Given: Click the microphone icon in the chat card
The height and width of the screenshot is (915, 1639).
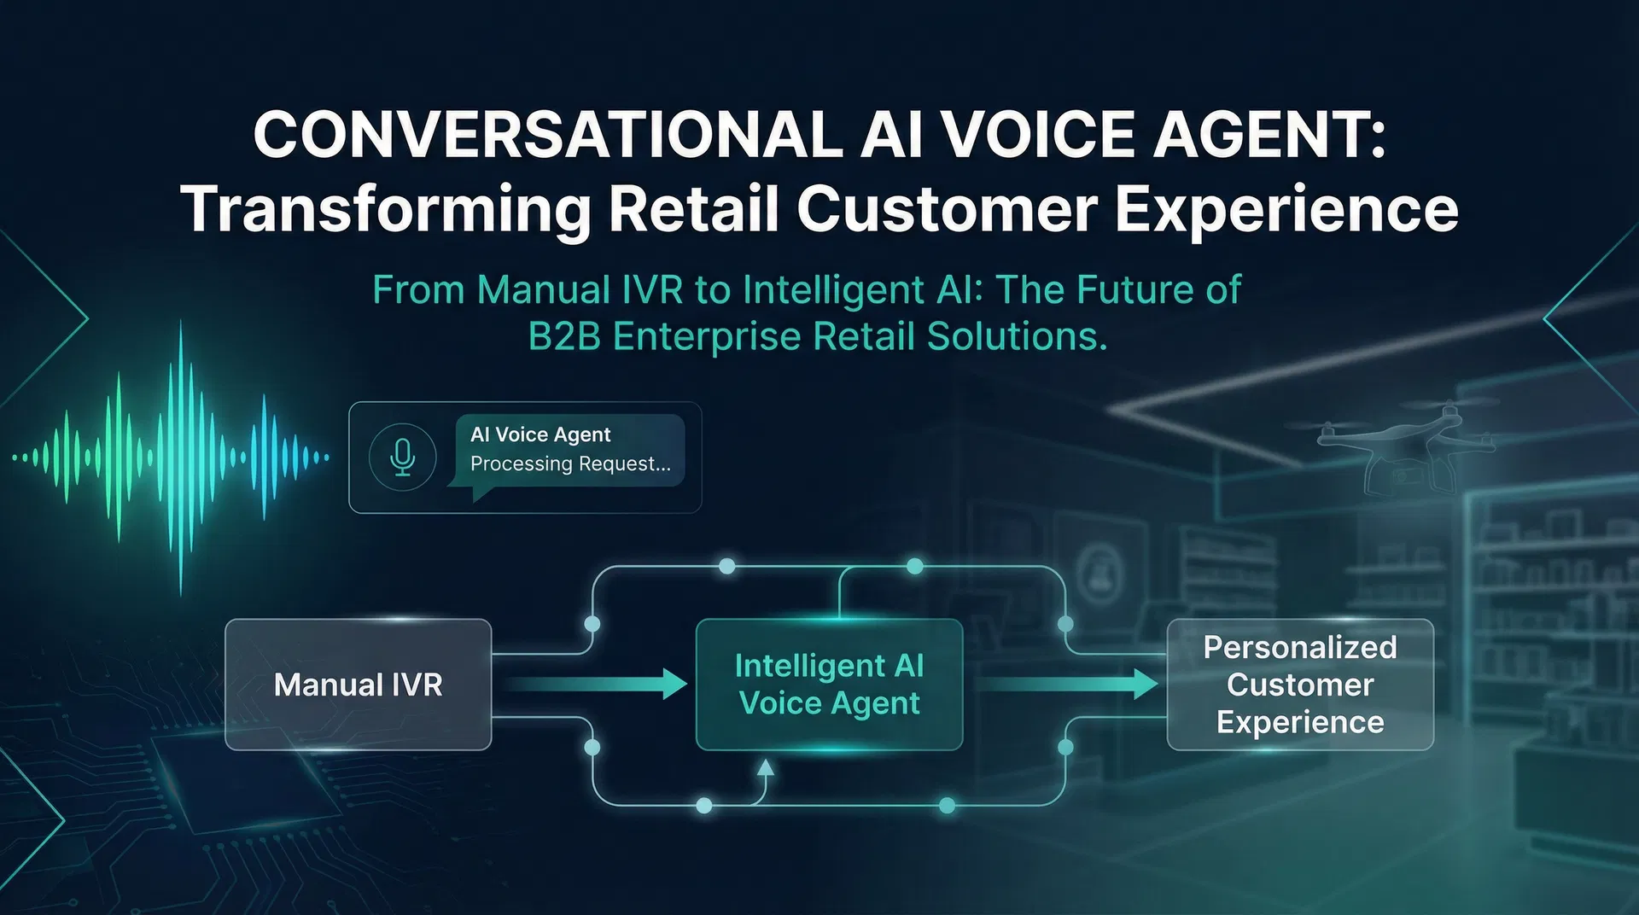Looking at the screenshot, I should tap(402, 457).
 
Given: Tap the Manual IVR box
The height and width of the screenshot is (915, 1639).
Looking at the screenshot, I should tap(358, 685).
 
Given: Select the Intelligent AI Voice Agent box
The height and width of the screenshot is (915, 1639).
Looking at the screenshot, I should tap(829, 685).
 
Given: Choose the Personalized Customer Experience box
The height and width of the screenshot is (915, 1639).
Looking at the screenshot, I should tap(1299, 685).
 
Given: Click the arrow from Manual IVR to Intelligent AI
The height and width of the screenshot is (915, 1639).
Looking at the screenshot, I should tap(598, 684).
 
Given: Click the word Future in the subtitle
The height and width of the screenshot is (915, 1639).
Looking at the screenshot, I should tap(1134, 290).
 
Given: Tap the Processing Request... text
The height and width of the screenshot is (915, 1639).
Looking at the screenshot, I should tap(570, 463).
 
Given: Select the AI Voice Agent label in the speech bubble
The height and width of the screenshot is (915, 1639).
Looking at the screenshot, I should tap(540, 434).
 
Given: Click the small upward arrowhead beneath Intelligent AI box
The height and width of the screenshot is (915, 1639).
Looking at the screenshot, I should tap(766, 767).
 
